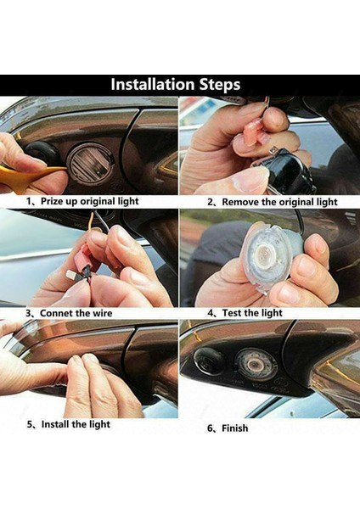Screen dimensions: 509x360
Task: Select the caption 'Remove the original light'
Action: (x=278, y=203)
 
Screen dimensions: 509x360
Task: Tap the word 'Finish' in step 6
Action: (x=234, y=428)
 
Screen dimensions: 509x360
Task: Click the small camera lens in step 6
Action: (x=209, y=359)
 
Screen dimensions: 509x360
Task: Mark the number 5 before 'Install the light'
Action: (x=31, y=425)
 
